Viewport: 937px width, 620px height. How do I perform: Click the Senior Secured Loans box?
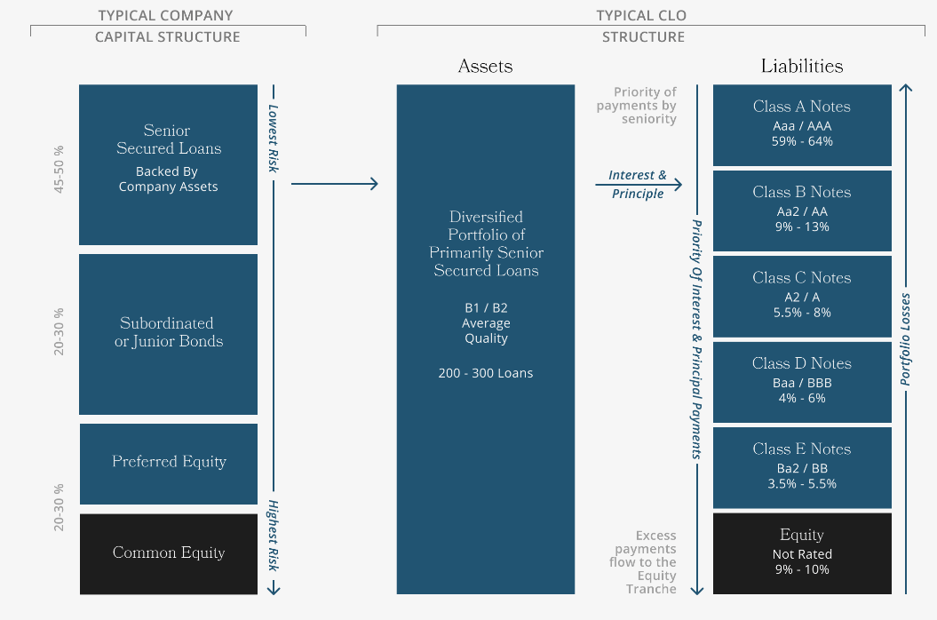click(168, 164)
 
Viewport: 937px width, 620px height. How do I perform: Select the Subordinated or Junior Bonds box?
click(168, 333)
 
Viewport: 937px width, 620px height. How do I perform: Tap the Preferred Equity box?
click(168, 463)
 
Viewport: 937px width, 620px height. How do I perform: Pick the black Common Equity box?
click(168, 553)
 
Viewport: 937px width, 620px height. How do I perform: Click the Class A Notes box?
click(801, 124)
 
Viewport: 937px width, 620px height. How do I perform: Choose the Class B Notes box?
click(801, 210)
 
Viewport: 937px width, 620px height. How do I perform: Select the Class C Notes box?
click(801, 296)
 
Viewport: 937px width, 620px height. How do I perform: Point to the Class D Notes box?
click(801, 381)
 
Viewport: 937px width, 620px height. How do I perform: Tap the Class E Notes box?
click(801, 467)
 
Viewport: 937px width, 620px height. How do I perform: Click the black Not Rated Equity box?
click(801, 552)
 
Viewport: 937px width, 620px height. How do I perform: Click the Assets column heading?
click(485, 67)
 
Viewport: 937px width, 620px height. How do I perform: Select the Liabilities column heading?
click(801, 67)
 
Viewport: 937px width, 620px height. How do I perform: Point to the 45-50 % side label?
click(60, 163)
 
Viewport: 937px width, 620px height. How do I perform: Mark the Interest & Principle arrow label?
click(637, 185)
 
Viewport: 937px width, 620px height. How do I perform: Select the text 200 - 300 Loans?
click(485, 373)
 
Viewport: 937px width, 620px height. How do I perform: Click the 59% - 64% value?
click(801, 141)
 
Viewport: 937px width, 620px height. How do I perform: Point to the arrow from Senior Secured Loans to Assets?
click(334, 184)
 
